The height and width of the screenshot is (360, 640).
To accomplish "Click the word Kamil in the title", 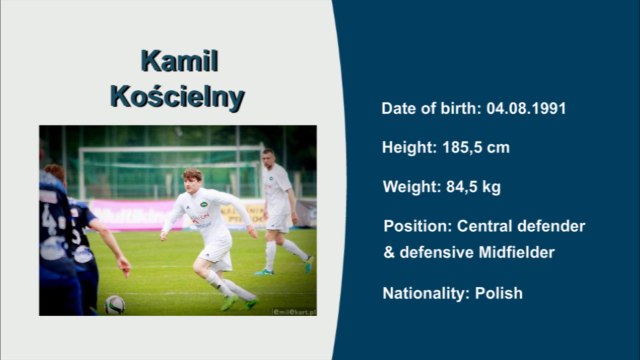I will coord(179,61).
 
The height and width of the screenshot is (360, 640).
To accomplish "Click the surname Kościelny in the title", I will coord(178,98).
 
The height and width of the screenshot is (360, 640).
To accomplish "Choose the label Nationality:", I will coord(427,293).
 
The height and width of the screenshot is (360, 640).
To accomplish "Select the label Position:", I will coord(417,226).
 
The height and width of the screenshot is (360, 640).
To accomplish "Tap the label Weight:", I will coord(409,186).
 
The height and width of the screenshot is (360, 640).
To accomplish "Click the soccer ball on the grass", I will coord(115,303).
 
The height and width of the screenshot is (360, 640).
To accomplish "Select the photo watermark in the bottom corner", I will coord(292,311).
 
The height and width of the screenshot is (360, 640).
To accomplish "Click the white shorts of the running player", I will coord(217,256).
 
